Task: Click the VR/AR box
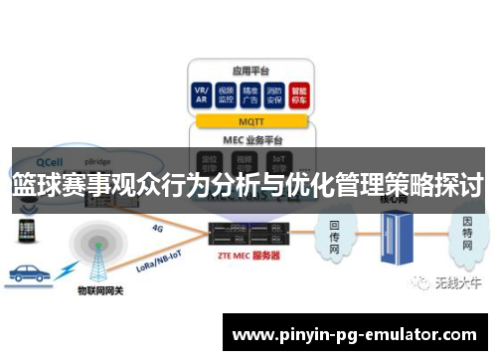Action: point(203,95)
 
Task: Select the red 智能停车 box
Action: point(297,95)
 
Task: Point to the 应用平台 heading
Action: point(250,71)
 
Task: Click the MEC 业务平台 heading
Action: point(250,139)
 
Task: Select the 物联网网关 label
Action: point(98,291)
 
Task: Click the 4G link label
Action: point(156,228)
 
